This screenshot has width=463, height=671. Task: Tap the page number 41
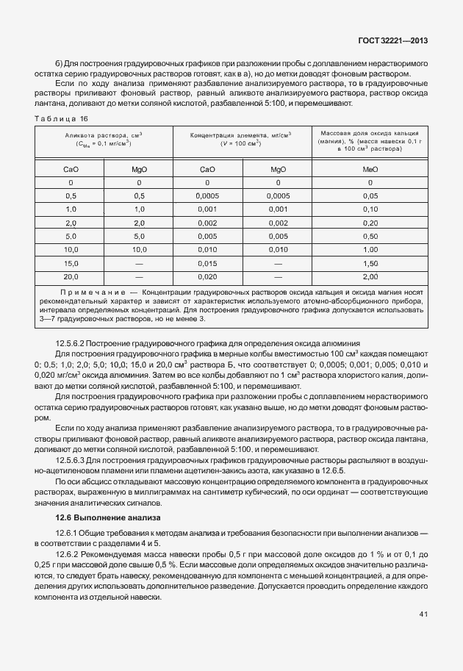tap(423, 614)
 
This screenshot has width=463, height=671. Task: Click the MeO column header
tap(370, 169)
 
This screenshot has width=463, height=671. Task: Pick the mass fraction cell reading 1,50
tap(370, 262)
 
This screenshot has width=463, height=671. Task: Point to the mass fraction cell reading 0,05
tap(370, 196)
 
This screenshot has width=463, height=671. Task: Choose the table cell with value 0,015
tap(207, 262)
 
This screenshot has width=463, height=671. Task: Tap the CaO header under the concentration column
tap(207, 169)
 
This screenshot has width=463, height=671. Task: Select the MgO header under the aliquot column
tap(140, 169)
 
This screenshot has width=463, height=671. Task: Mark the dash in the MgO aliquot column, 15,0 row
tap(140, 262)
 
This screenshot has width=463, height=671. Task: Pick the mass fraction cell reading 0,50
tap(370, 236)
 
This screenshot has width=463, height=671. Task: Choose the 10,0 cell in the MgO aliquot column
tap(140, 249)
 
